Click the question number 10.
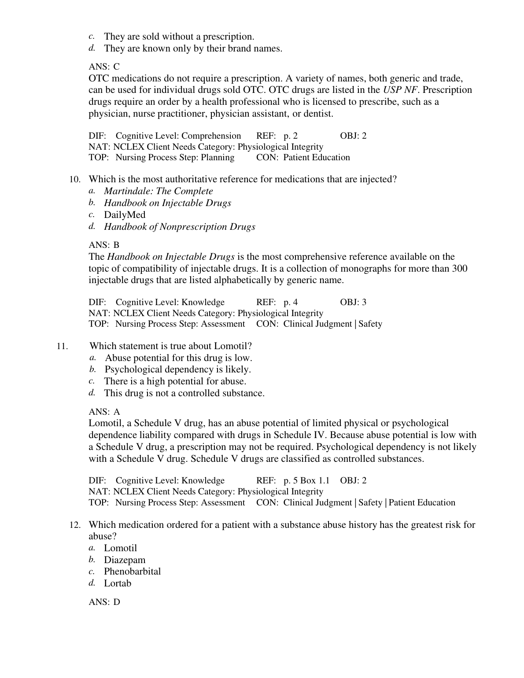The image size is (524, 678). pos(75,180)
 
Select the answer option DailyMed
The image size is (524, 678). pos(125,215)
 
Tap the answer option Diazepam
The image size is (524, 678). pos(125,560)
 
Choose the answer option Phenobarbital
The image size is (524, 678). pos(132,571)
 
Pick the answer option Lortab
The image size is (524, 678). pos(118,583)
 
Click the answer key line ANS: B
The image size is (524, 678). pos(104,245)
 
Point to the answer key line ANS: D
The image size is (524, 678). pos(104,602)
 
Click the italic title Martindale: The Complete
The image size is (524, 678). pos(158,191)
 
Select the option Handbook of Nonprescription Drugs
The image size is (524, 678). pos(179,227)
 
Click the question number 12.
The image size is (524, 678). pos(75,525)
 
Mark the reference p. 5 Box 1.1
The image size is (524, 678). pos(306,480)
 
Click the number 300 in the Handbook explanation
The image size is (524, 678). pos(460,269)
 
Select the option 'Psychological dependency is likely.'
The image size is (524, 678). pos(177,369)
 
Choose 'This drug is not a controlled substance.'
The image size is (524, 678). pos(184,393)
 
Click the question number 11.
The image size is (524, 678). pos(62,346)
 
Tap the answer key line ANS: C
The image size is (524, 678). pos(104,66)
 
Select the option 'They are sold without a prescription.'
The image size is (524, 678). pos(179,37)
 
